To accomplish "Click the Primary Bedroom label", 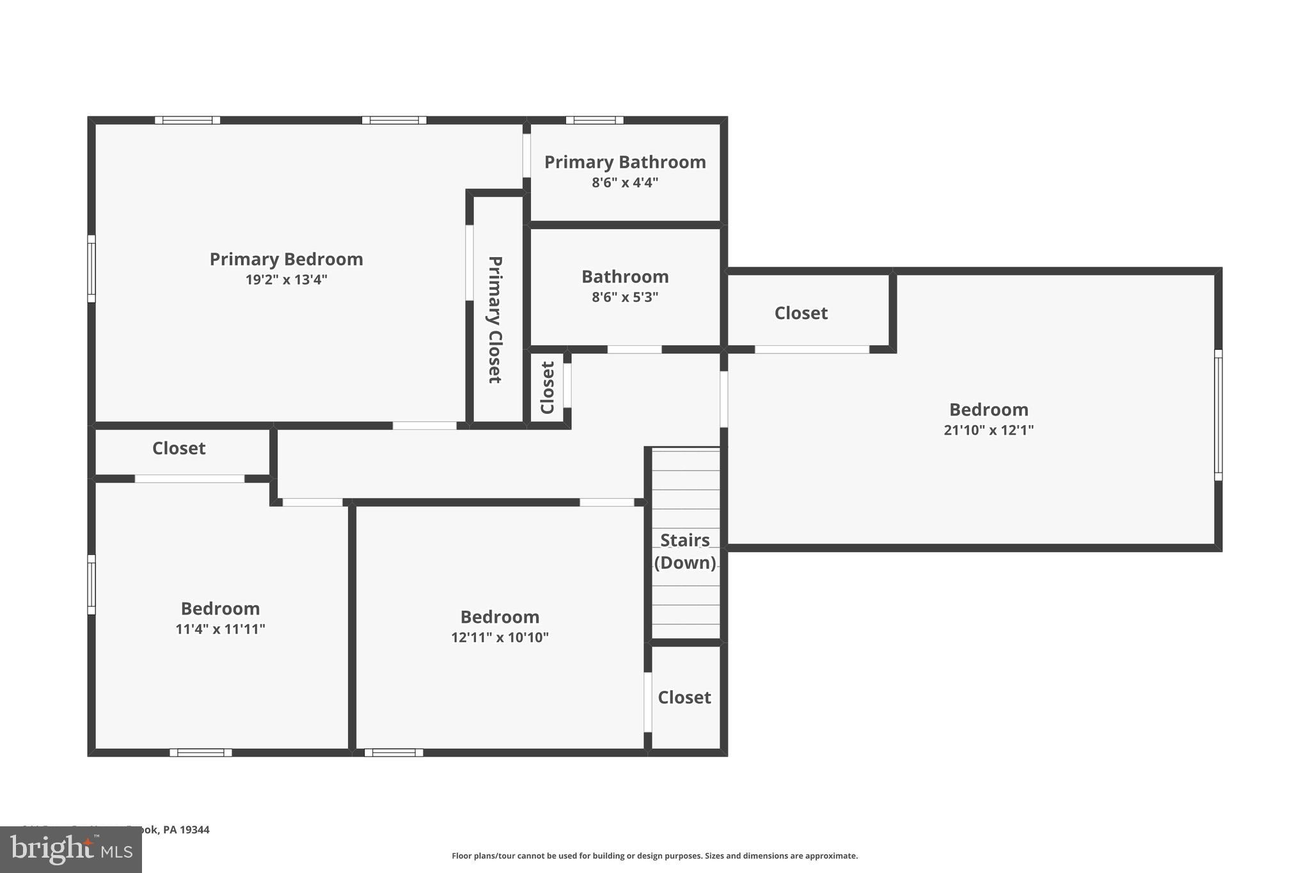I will pos(286,259).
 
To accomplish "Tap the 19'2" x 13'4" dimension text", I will pos(286,279).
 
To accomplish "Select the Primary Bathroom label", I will pos(624,162).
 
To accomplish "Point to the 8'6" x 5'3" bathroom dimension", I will pos(624,297).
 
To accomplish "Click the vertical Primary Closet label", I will pos(494,319).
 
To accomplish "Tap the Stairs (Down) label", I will pos(684,551).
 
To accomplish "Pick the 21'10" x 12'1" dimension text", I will pos(988,430).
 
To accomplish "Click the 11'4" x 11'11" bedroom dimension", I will pos(220,629).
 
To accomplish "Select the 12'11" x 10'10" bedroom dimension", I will pos(500,637).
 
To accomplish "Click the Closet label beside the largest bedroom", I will pos(801,313).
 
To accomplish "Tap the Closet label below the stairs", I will pos(684,697).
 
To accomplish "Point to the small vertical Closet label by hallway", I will pos(547,388).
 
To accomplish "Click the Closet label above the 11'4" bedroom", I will pos(178,448).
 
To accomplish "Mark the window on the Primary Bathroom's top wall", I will pos(594,120).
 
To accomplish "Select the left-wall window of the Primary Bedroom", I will pos(91,269).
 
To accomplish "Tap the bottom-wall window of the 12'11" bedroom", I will pos(393,752).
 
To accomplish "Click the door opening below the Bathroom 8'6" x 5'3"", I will pos(634,349).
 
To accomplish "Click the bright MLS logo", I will pos(70,849).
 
